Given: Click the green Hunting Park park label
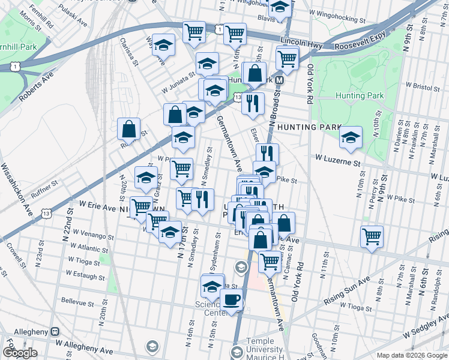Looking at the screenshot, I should click(x=359, y=95).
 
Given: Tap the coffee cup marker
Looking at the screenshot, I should click(x=231, y=300).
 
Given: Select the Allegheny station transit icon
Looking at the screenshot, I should click(x=55, y=331).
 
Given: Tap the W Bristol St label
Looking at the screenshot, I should click(x=424, y=86).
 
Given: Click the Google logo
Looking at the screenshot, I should click(x=20, y=353).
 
